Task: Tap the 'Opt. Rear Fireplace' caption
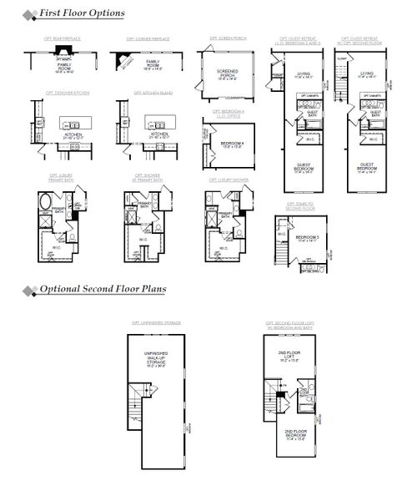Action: (63, 38)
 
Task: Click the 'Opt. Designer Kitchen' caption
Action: (62, 93)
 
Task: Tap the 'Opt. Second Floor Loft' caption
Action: (298, 323)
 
